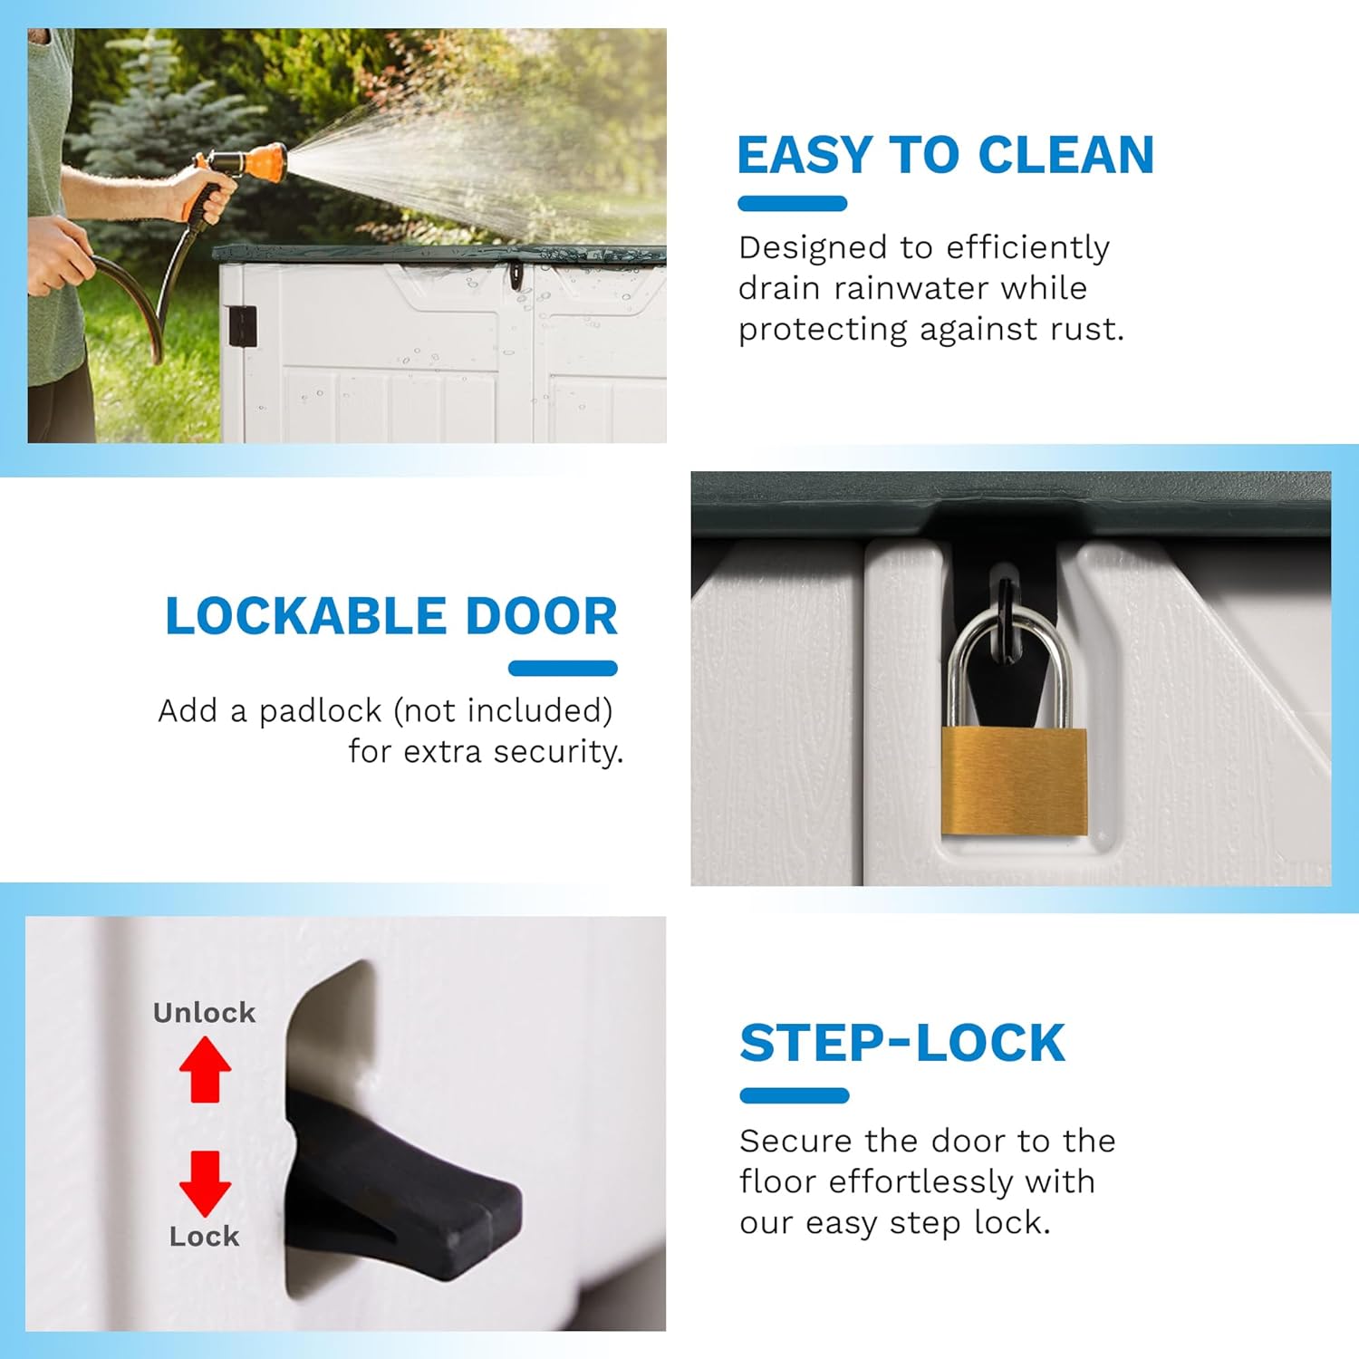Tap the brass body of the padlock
click(1014, 780)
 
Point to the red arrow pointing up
click(205, 1068)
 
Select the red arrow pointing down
click(205, 1183)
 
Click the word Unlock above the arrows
click(204, 1012)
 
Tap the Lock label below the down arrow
click(204, 1236)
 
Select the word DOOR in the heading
click(541, 616)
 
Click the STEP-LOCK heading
click(902, 1043)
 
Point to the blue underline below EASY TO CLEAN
click(792, 204)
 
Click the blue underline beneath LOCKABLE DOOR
click(563, 669)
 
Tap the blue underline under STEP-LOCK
click(795, 1095)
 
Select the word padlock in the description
click(321, 711)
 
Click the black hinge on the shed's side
click(242, 325)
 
